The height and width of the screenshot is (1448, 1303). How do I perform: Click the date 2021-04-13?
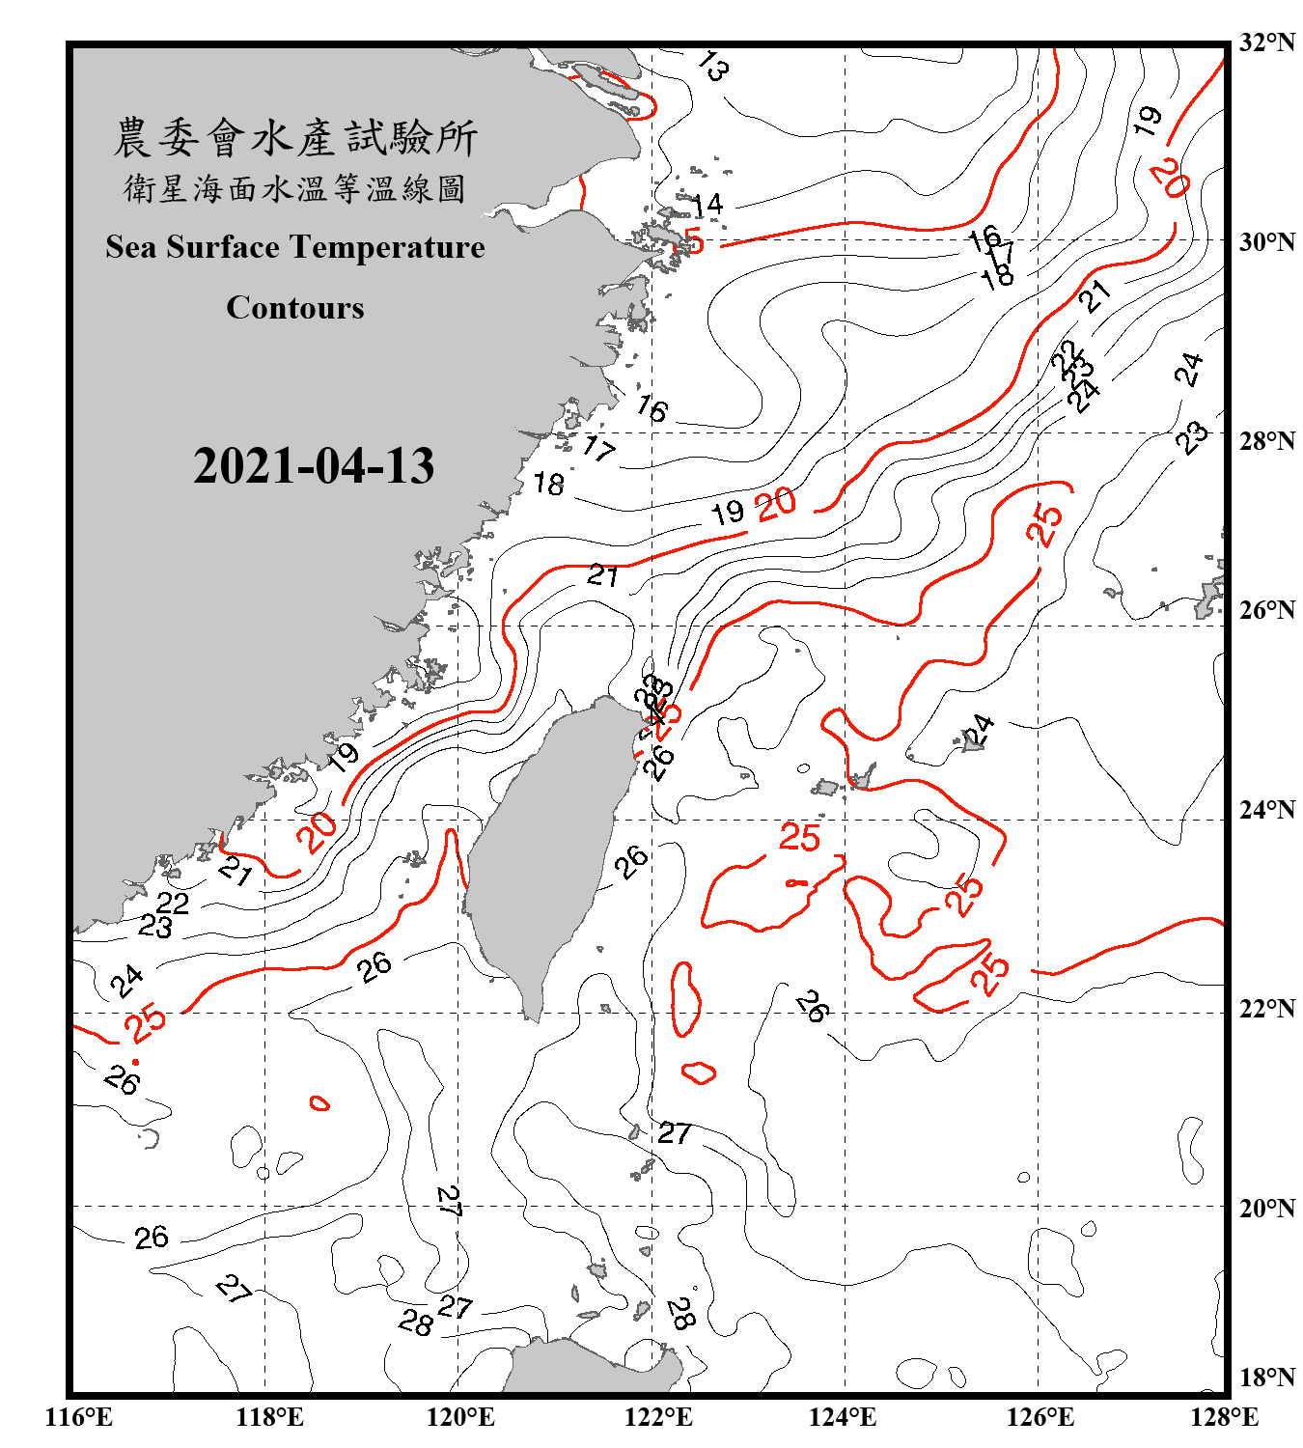pyautogui.click(x=314, y=466)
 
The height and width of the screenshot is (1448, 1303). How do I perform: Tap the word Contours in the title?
pyautogui.click(x=295, y=308)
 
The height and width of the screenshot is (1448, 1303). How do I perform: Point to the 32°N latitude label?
pyautogui.click(x=1266, y=42)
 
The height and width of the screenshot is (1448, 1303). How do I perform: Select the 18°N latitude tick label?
pyautogui.click(x=1266, y=1377)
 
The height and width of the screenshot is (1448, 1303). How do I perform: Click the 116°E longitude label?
pyautogui.click(x=78, y=1417)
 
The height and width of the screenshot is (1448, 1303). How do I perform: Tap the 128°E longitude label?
pyautogui.click(x=1224, y=1417)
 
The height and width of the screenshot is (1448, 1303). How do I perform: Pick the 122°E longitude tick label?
pyautogui.click(x=658, y=1417)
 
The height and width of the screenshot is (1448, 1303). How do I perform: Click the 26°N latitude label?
pyautogui.click(x=1266, y=610)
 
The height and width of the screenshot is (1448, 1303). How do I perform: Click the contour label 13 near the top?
pyautogui.click(x=712, y=66)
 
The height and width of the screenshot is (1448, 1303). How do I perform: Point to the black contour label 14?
pyautogui.click(x=707, y=205)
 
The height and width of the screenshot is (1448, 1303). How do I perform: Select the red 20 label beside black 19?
pyautogui.click(x=776, y=503)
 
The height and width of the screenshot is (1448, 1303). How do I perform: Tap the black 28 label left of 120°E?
pyautogui.click(x=415, y=1322)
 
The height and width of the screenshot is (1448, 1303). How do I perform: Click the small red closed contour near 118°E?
pyautogui.click(x=319, y=1102)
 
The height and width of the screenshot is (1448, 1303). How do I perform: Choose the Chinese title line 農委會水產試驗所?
pyautogui.click(x=295, y=138)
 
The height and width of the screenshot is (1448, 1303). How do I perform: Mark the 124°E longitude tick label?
pyautogui.click(x=843, y=1417)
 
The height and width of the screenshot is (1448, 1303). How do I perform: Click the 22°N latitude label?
pyautogui.click(x=1266, y=1009)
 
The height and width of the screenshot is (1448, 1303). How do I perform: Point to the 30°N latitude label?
pyautogui.click(x=1266, y=241)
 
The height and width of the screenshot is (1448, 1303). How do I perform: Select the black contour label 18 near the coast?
pyautogui.click(x=548, y=484)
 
